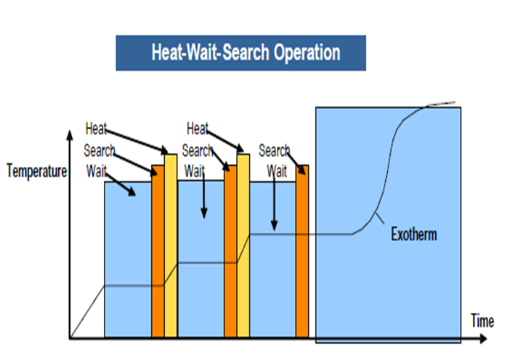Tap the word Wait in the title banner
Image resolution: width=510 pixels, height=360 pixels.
click(199, 53)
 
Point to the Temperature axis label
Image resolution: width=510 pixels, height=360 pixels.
click(36, 172)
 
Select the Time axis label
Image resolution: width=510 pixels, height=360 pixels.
click(482, 321)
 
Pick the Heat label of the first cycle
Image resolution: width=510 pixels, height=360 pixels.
click(96, 129)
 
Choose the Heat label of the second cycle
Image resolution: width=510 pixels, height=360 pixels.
click(198, 129)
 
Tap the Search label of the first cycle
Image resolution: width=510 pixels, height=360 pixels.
click(100, 151)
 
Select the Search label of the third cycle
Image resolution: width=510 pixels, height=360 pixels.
click(274, 151)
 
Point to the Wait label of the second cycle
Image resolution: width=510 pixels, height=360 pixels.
click(194, 171)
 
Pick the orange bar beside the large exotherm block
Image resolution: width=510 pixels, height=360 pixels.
click(302, 251)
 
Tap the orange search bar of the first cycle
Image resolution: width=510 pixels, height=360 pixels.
click(158, 251)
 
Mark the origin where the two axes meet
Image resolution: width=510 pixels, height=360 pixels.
click(70, 338)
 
